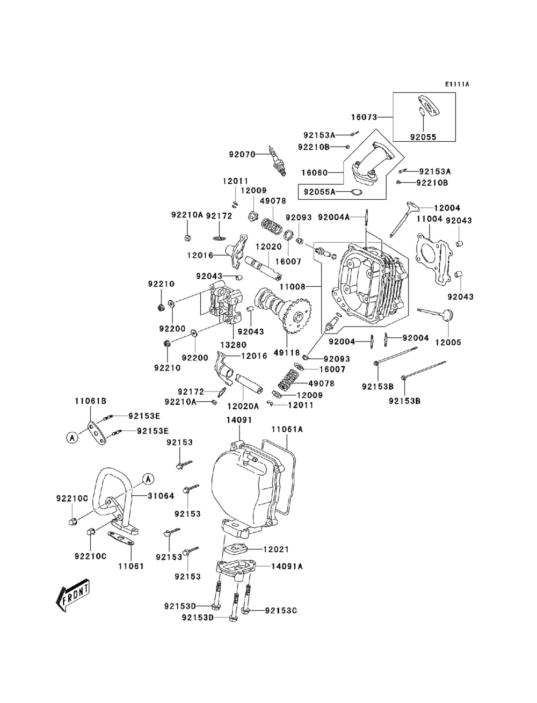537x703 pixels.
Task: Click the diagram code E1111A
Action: point(457,84)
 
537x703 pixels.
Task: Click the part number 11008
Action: point(292,287)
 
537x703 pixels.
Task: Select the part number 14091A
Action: point(287,567)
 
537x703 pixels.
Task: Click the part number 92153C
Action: point(281,611)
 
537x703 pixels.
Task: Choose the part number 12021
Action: point(276,549)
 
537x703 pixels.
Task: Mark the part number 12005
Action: point(448,343)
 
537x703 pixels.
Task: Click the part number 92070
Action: point(242,154)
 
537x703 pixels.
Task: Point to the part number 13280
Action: point(233,345)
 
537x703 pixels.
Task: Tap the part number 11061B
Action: point(91,401)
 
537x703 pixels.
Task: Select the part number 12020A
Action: point(243,407)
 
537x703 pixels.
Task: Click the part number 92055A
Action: point(320,192)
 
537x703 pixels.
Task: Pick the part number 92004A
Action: point(333,217)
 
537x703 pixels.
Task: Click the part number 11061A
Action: point(287,429)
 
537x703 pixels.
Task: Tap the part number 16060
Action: point(315,173)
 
